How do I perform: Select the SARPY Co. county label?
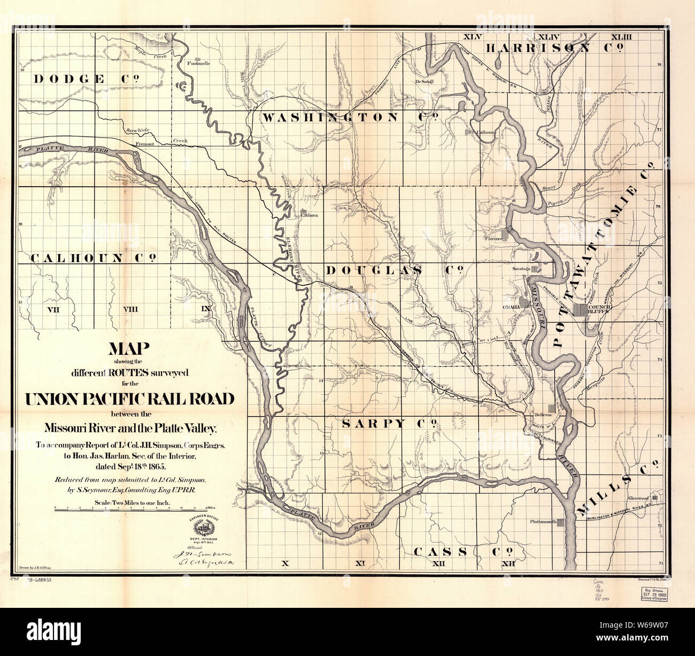(390, 424)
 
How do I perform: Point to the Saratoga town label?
(521, 268)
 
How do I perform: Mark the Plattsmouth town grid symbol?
(561, 522)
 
